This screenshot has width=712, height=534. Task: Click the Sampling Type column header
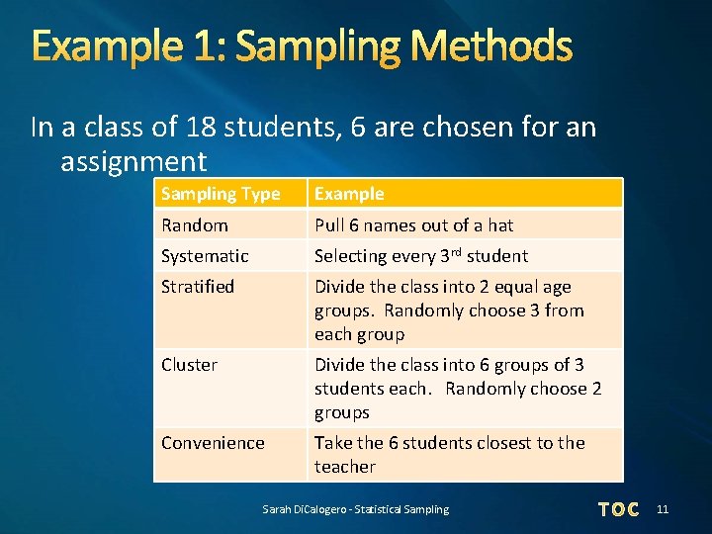(221, 194)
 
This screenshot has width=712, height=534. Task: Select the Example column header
(349, 194)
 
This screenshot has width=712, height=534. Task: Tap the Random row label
(194, 224)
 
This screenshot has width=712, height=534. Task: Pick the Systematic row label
(205, 255)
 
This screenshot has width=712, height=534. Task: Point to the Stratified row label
(198, 287)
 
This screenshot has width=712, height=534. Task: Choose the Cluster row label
(189, 365)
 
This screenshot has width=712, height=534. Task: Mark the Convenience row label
(213, 443)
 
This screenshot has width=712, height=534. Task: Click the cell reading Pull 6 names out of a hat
(413, 224)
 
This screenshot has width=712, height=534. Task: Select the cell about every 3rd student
(421, 255)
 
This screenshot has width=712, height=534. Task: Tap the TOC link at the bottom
(619, 509)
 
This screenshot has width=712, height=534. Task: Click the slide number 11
(663, 509)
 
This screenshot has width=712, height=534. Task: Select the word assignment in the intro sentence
(133, 161)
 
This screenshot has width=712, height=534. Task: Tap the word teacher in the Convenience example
(345, 467)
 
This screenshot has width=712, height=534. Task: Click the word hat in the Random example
(500, 224)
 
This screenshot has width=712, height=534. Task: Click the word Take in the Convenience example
(334, 443)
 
